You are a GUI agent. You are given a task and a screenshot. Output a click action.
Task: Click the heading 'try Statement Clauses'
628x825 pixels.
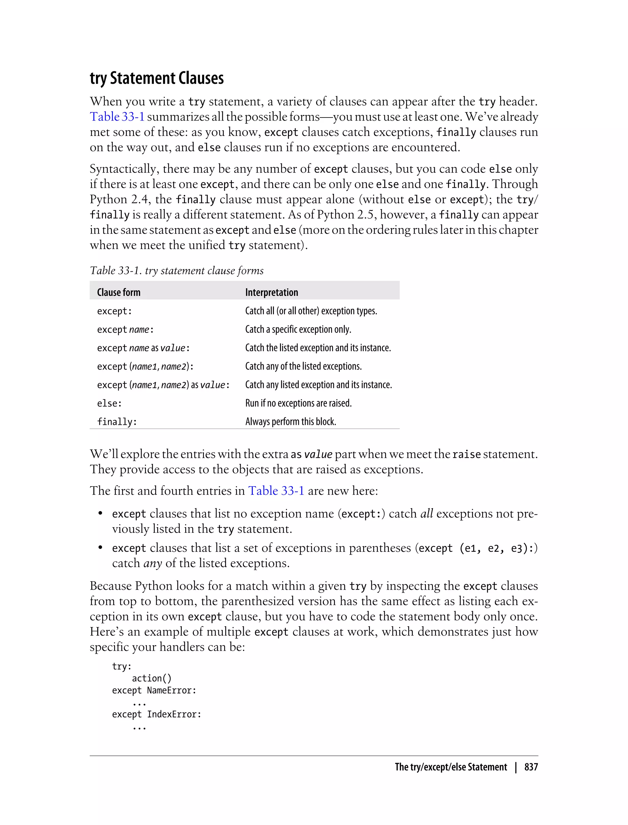pos(157,78)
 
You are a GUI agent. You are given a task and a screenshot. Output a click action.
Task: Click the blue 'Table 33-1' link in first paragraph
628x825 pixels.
pos(117,117)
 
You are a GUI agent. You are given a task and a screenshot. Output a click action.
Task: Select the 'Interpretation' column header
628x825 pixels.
pos(271,292)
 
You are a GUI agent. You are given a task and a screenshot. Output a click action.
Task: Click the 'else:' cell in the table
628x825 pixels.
pos(109,403)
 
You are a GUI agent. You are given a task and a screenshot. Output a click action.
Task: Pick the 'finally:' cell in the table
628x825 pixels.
pos(117,422)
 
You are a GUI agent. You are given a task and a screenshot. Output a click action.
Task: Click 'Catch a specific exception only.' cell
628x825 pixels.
pos(298,329)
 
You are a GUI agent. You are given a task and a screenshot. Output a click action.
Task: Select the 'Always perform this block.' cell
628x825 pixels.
pos(290,422)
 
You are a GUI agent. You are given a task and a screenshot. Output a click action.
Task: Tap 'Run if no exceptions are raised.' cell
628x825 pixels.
pos(298,403)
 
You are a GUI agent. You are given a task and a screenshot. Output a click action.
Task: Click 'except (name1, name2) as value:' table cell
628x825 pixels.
pos(163,385)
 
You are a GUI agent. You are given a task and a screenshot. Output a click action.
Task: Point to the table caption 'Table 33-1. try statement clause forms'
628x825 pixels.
pos(176,270)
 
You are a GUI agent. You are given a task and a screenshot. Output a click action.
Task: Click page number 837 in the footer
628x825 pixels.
pos(531,767)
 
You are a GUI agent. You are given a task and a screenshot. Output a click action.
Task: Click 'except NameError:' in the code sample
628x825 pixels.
pos(154,690)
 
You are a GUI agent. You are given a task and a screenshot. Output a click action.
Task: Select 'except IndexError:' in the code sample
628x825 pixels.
pos(156,714)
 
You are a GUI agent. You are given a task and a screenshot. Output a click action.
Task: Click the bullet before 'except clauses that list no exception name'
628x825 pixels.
pos(100,514)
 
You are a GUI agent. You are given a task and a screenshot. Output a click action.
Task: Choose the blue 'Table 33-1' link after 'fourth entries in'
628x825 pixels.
pos(276,491)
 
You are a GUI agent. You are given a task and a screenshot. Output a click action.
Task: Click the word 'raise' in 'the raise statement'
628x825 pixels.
pos(466,454)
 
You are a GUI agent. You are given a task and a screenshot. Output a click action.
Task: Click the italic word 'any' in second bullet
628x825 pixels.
pos(152,563)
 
